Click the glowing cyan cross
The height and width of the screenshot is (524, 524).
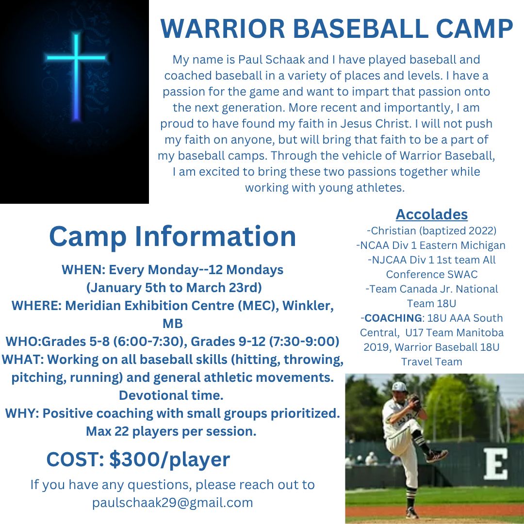(77, 76)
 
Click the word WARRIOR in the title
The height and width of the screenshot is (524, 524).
(223, 29)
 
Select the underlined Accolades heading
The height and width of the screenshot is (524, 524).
(431, 214)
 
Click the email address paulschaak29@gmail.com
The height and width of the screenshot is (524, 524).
(172, 502)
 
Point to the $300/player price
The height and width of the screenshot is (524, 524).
(169, 459)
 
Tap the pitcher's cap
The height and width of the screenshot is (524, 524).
(399, 387)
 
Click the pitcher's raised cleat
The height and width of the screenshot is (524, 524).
(437, 455)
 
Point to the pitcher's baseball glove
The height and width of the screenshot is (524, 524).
(414, 402)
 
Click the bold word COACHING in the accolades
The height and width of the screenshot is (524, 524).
(393, 318)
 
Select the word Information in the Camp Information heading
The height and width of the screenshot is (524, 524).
(215, 236)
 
